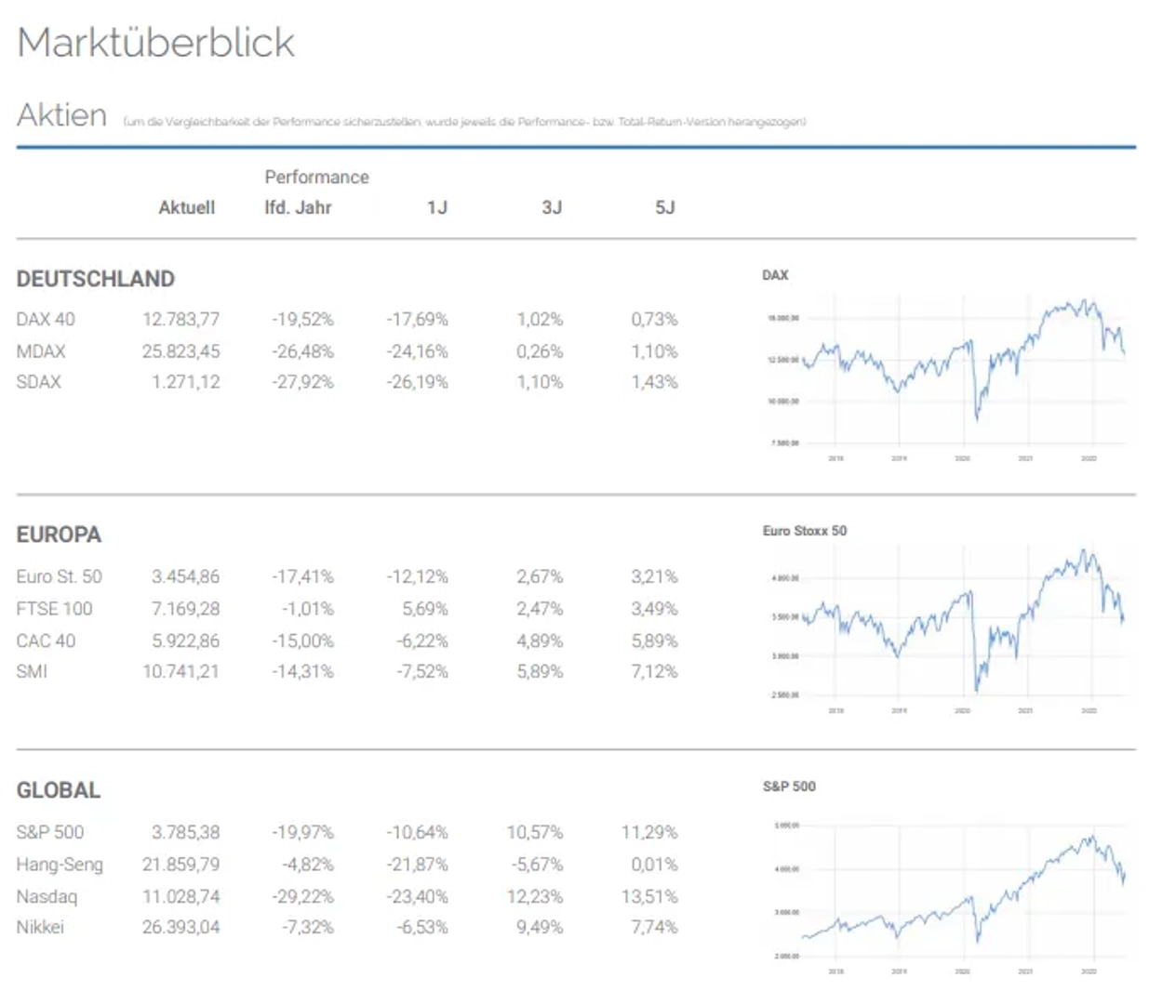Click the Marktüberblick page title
(155, 43)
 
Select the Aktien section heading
(61, 115)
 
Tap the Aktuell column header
(186, 207)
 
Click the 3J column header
(552, 207)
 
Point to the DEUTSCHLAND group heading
(95, 279)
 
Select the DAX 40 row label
(46, 319)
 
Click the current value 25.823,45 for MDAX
(180, 351)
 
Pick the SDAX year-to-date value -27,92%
(302, 382)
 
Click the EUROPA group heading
(59, 535)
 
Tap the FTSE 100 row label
(54, 609)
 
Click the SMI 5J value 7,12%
(654, 671)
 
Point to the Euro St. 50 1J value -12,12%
(417, 576)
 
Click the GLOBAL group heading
(58, 790)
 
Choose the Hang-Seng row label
(60, 865)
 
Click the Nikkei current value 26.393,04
(180, 927)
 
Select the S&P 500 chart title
(789, 786)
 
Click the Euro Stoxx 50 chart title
(805, 531)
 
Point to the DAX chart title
(775, 275)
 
